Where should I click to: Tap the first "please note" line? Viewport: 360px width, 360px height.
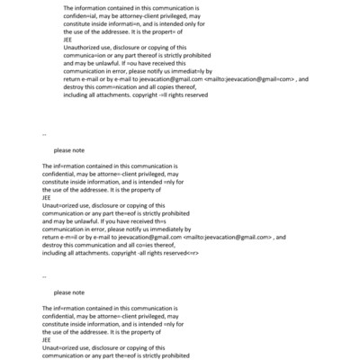click(69, 151)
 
